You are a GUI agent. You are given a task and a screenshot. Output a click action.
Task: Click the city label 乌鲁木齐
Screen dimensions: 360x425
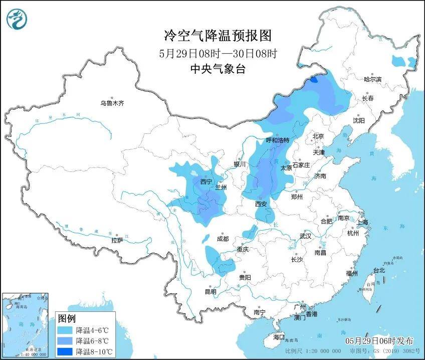tap(111, 103)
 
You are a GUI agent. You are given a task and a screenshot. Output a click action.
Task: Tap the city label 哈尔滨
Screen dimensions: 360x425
tap(372, 79)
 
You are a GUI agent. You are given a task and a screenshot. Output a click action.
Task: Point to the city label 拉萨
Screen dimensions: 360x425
tap(117, 241)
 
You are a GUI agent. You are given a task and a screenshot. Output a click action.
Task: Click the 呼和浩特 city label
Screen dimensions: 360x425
tap(277, 140)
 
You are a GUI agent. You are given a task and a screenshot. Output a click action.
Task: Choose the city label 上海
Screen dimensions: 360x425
tap(361, 222)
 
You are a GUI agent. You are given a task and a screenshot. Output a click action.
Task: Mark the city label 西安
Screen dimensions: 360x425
tap(261, 204)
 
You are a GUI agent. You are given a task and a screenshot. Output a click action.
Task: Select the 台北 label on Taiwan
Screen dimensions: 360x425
tap(379, 270)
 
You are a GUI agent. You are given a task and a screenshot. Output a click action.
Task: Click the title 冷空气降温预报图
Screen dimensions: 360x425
tap(218, 36)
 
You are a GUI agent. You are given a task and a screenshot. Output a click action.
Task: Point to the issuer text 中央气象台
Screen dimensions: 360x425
tap(218, 70)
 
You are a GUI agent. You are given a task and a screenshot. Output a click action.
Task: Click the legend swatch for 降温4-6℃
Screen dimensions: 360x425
tap(65, 331)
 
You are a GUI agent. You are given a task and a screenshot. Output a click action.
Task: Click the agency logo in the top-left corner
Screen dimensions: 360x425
tap(17, 20)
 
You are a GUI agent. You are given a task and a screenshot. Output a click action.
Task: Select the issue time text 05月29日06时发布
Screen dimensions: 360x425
tap(379, 341)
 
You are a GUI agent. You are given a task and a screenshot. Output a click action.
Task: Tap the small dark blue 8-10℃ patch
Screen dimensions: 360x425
tap(314, 79)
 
